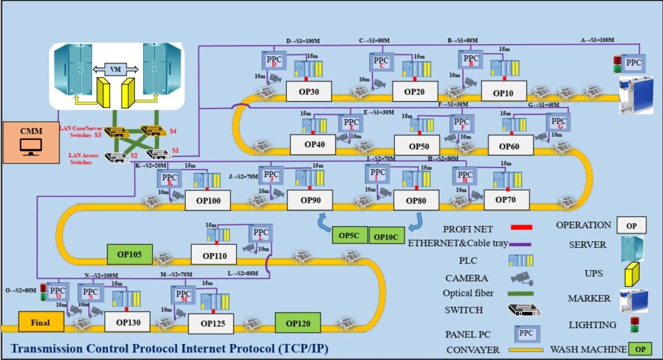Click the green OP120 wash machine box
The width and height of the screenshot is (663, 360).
click(298, 322)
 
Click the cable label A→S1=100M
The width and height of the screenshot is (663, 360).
click(596, 40)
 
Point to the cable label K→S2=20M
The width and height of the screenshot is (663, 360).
click(150, 165)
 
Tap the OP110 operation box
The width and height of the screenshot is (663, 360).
click(214, 256)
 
